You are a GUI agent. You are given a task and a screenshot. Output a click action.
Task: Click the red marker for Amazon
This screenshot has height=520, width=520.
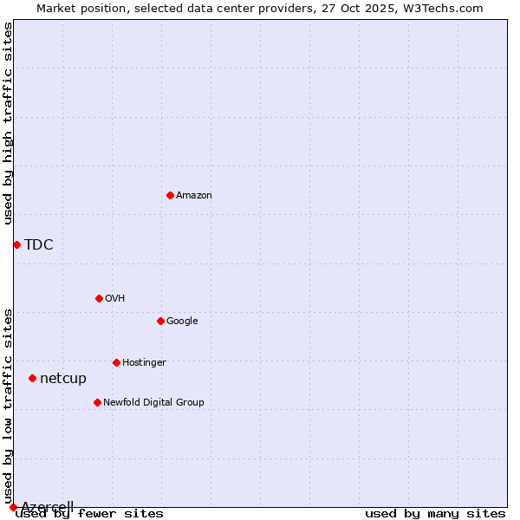170,195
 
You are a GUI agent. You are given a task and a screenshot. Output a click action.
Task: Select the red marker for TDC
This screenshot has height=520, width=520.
16,244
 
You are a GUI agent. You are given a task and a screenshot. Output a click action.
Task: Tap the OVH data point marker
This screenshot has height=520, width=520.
99,298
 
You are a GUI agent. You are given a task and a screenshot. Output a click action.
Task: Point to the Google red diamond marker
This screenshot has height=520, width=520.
160,321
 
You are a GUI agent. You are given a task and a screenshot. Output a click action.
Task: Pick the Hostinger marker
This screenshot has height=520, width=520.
116,362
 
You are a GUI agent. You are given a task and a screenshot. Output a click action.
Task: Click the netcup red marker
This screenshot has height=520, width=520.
32,378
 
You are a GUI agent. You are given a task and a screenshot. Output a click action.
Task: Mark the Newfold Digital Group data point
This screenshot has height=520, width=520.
97,402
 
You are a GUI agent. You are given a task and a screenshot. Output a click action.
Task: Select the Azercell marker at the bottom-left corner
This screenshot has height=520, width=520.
13,507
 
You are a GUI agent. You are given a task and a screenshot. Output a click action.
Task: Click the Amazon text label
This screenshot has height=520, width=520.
194,196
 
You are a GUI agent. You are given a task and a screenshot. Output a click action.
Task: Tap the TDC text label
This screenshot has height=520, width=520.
39,244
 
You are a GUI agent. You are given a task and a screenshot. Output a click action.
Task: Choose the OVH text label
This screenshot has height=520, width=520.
115,299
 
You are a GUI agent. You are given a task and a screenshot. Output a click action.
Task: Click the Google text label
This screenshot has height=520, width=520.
182,322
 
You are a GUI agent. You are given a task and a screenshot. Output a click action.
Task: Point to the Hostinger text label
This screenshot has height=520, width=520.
144,363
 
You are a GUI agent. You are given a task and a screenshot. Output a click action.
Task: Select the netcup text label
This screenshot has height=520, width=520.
63,379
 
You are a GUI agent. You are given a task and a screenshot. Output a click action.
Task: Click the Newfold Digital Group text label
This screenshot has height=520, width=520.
153,403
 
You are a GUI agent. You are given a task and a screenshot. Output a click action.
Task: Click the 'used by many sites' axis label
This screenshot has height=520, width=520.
435,514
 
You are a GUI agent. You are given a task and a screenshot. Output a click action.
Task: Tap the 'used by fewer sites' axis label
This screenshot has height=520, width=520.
90,514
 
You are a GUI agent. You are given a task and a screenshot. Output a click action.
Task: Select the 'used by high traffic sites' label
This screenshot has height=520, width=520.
9,123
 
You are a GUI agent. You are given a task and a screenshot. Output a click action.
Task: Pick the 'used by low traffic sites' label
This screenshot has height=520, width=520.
9,406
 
